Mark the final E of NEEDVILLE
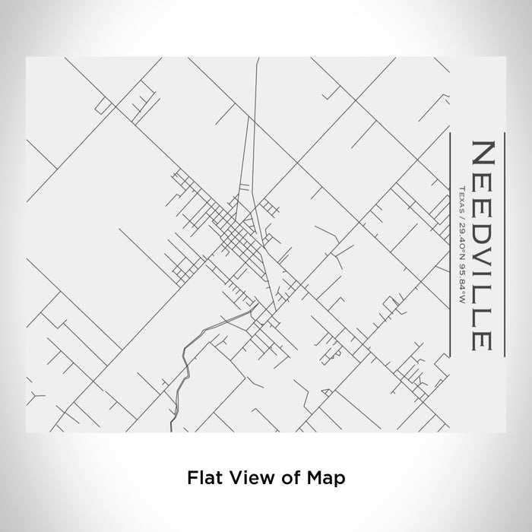[x=483, y=337]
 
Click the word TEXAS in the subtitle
[x=461, y=197]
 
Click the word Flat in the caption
[x=203, y=478]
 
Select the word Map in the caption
[x=326, y=478]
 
